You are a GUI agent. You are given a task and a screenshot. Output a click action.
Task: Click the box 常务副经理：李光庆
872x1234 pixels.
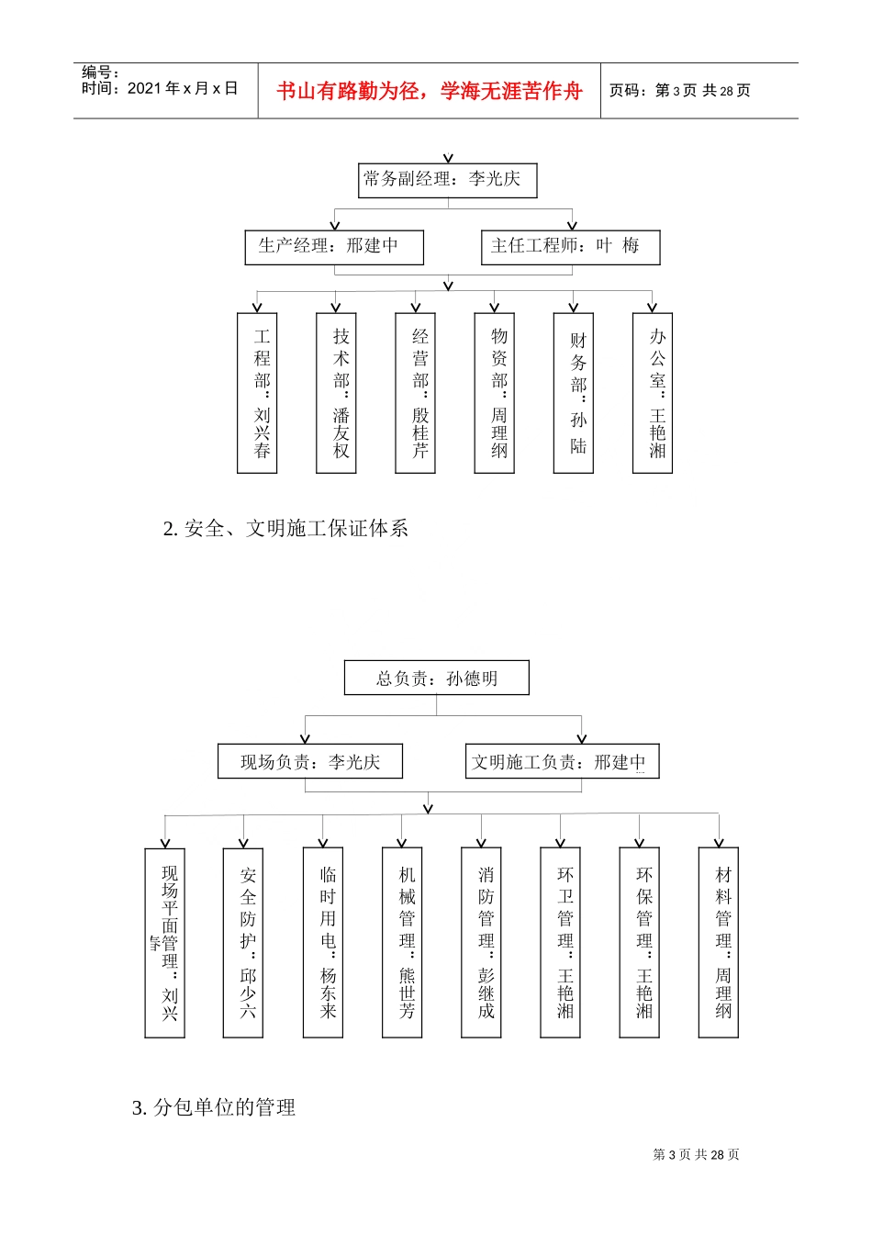tap(447, 180)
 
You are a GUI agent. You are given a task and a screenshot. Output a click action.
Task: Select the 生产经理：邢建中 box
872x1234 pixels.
tap(334, 247)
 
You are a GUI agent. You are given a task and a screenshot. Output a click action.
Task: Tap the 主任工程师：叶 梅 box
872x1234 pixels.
tap(570, 247)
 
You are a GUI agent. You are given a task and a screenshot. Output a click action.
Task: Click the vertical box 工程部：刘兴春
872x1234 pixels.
tap(257, 393)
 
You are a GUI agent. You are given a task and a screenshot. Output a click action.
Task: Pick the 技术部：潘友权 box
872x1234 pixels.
tap(336, 393)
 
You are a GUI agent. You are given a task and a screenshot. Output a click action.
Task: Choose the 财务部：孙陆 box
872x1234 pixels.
tap(574, 393)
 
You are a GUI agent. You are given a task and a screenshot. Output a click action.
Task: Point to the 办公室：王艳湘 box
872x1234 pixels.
tap(653, 393)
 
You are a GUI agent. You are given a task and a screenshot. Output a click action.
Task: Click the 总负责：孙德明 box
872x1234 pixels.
tap(436, 679)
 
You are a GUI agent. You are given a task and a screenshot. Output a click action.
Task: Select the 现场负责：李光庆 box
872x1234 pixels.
tap(310, 761)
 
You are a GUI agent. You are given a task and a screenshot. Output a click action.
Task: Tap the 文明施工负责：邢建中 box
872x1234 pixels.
tap(562, 761)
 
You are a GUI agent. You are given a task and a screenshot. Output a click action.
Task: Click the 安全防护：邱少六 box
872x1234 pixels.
tap(243, 943)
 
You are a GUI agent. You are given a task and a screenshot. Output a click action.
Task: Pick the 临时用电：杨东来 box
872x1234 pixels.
tap(323, 943)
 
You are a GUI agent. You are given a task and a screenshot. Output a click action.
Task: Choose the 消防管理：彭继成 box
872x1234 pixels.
tap(481, 943)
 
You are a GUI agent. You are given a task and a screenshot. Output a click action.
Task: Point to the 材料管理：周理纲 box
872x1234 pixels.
tap(719, 943)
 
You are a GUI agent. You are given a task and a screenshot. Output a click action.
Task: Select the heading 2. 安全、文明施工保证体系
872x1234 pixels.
tap(285, 529)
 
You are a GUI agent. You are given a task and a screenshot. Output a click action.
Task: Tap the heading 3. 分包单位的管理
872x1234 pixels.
tap(214, 1108)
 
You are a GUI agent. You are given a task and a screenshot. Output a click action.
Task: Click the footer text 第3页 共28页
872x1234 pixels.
tap(696, 1155)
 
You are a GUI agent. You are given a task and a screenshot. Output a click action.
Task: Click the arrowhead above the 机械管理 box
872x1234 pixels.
tap(402, 843)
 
